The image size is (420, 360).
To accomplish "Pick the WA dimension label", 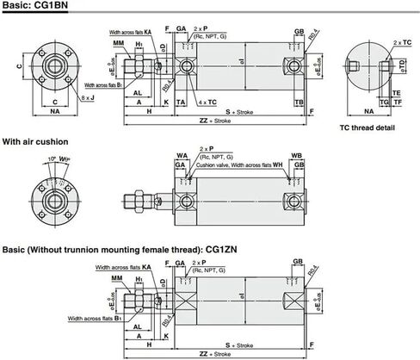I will pyautogui.click(x=182, y=156).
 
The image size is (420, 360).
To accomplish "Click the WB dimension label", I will pyautogui.click(x=296, y=156).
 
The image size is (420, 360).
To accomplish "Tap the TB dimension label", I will pyautogui.click(x=298, y=102).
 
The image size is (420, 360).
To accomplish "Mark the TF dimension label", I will pyautogui.click(x=398, y=102).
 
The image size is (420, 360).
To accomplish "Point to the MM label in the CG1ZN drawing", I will pyautogui.click(x=118, y=280).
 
